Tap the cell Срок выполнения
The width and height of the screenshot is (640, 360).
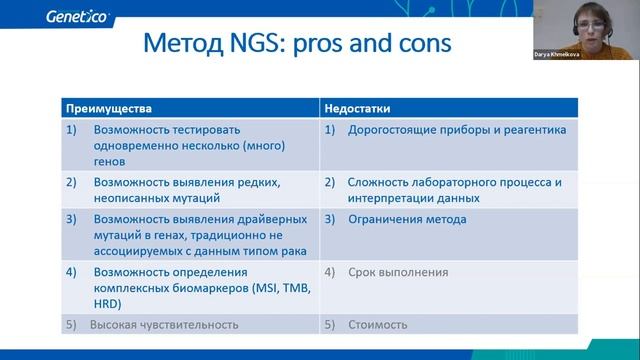coord(398,272)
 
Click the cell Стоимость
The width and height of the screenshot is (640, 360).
coord(379,325)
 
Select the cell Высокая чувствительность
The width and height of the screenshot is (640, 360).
coord(164,325)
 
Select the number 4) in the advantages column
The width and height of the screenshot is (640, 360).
coord(71,272)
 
